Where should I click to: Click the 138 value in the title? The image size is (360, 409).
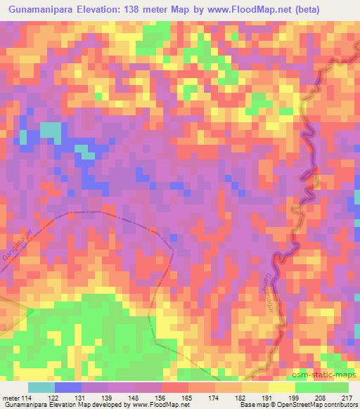(x=143, y=9)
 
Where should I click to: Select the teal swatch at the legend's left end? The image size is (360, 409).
(x=41, y=387)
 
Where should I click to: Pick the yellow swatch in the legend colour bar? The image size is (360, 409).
(x=281, y=387)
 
